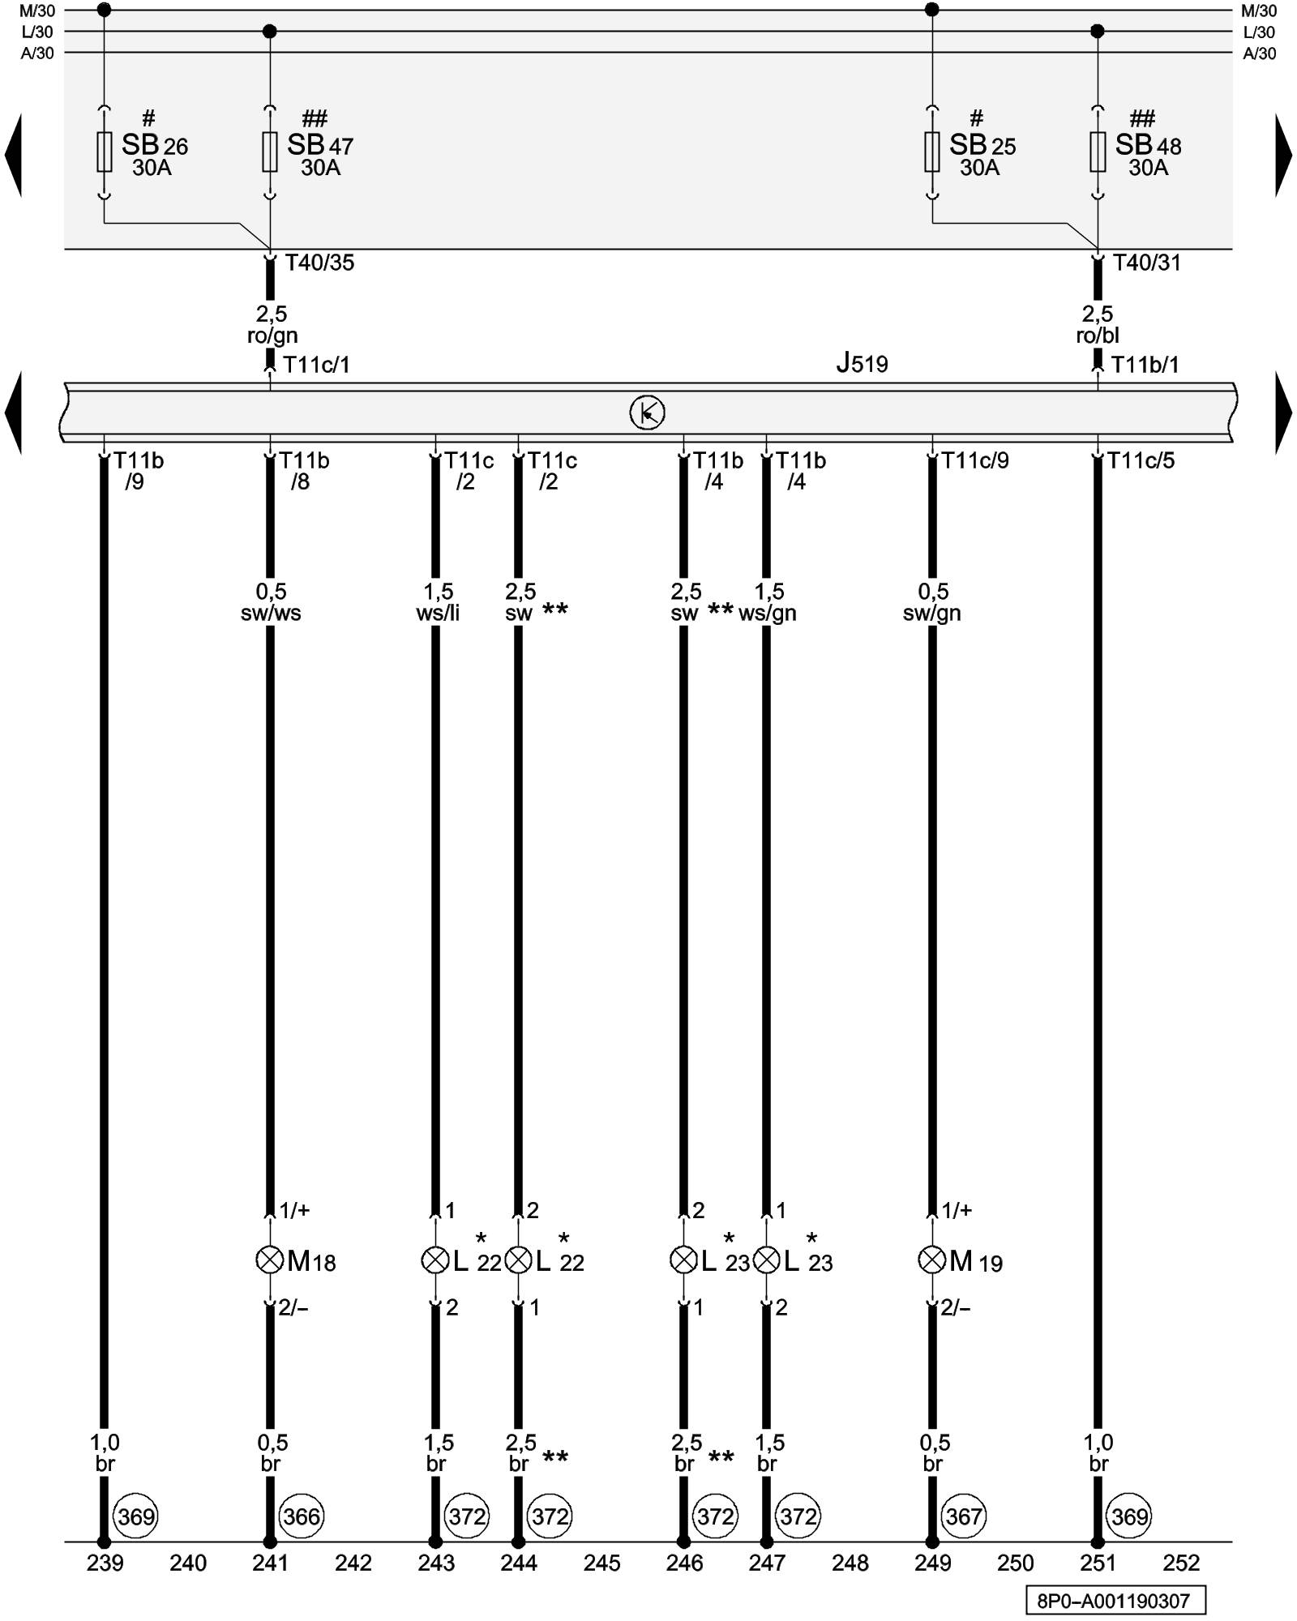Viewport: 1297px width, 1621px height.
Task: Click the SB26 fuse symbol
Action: (x=105, y=152)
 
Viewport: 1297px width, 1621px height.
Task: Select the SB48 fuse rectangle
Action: (x=1098, y=152)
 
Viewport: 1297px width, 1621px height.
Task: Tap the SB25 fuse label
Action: (x=982, y=146)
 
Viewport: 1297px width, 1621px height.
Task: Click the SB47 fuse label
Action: (x=319, y=146)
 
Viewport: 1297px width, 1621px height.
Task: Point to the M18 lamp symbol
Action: (x=269, y=1260)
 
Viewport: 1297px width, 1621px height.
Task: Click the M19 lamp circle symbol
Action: (x=931, y=1260)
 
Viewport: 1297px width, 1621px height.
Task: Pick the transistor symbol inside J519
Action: (x=647, y=413)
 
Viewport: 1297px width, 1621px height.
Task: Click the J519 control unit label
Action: (x=862, y=363)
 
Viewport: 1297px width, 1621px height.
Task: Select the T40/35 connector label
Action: (x=319, y=263)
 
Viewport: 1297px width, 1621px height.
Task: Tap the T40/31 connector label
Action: (x=1146, y=263)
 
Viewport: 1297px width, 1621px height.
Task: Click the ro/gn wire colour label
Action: (x=272, y=335)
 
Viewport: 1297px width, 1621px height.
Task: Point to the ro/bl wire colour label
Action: (x=1098, y=335)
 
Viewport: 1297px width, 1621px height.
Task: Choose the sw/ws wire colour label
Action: (x=271, y=613)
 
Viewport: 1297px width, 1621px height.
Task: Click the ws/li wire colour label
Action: (x=438, y=613)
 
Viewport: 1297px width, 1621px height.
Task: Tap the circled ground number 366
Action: (x=302, y=1516)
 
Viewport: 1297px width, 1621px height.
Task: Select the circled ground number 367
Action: (x=964, y=1516)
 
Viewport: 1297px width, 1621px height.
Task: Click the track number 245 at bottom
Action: (x=601, y=1563)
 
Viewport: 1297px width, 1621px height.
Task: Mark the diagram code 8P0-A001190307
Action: (x=1115, y=1601)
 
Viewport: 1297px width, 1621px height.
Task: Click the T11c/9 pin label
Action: (x=974, y=460)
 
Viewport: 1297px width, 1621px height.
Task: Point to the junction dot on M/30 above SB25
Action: (x=932, y=10)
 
